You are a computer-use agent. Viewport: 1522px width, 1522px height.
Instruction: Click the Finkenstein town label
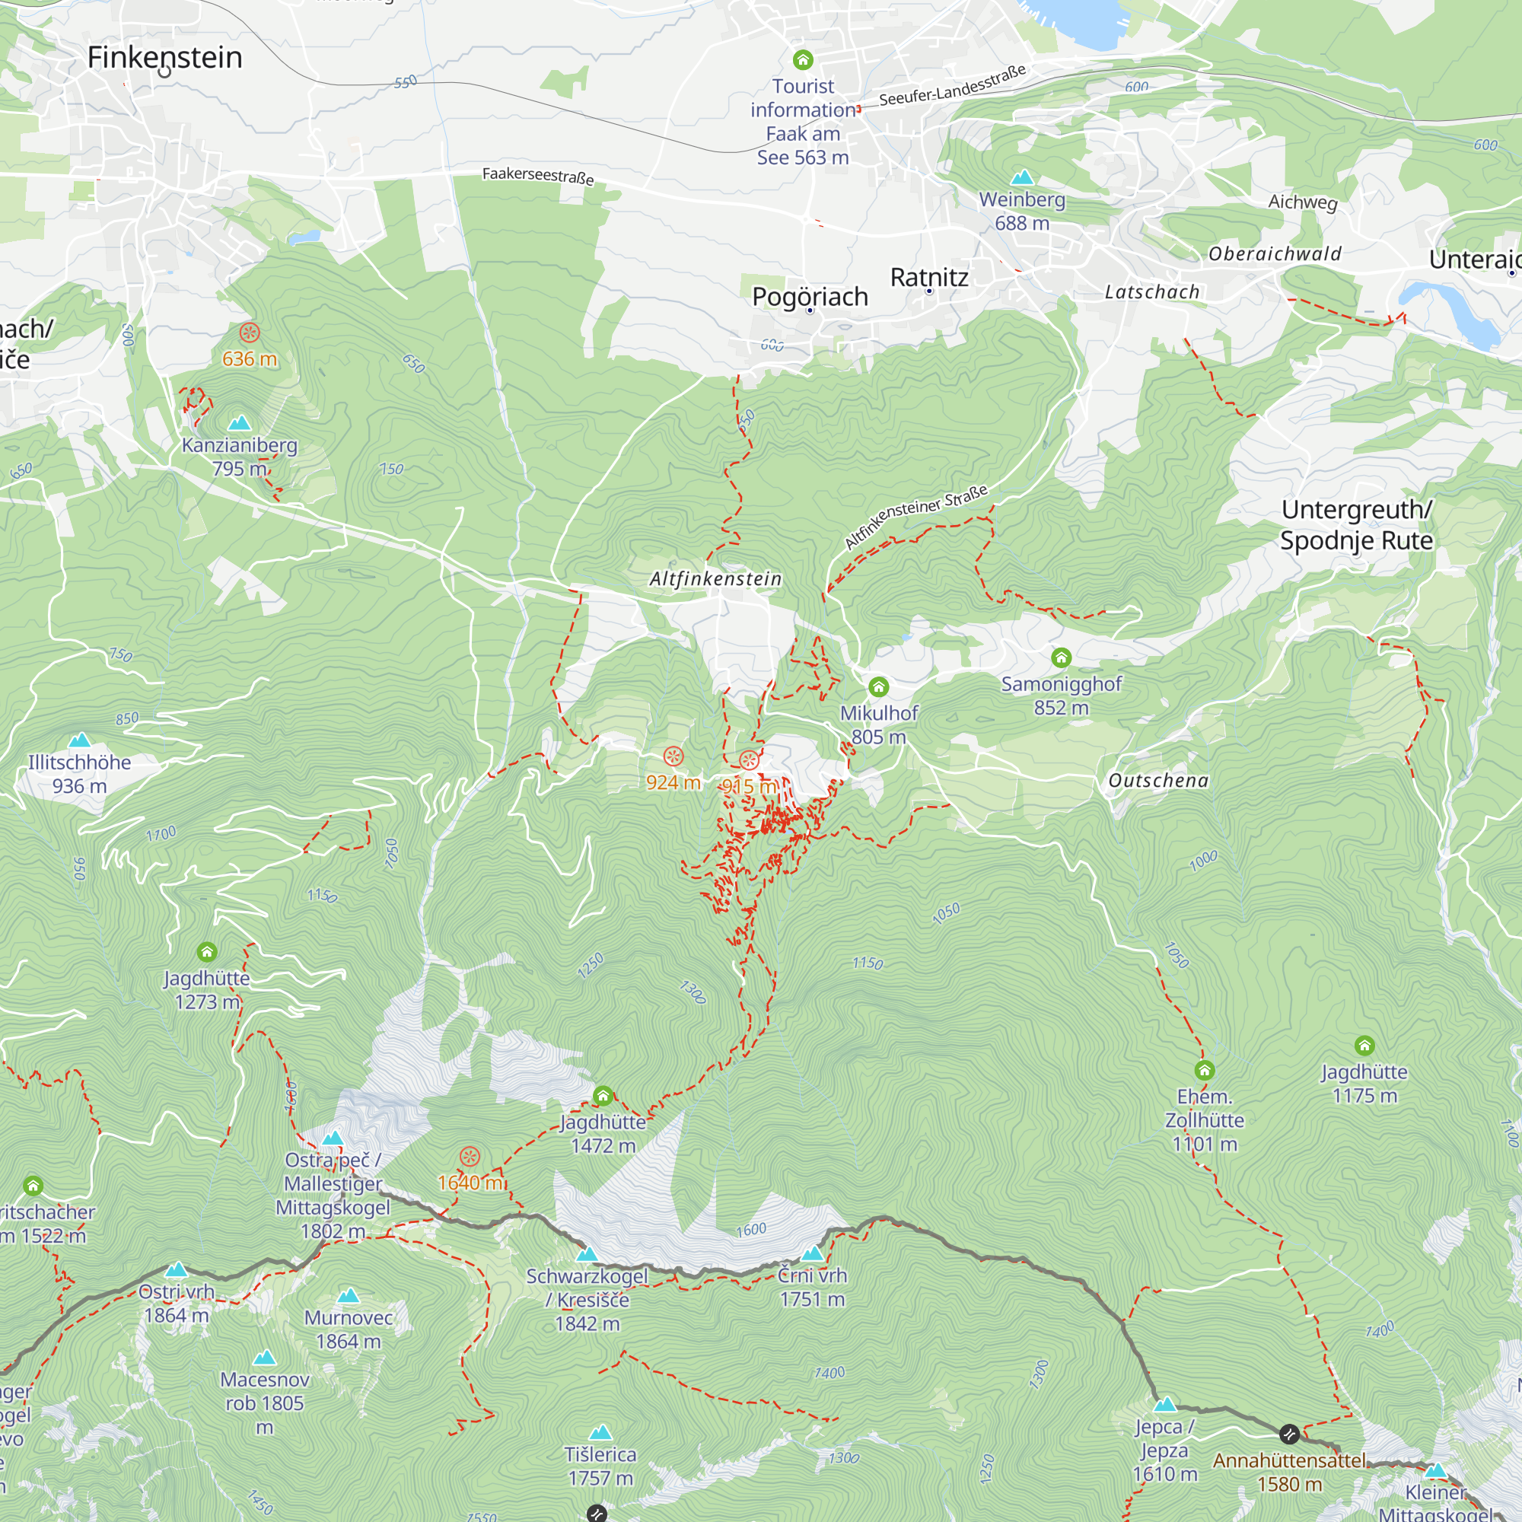(164, 58)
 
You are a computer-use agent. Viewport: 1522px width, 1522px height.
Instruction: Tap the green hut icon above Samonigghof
(1061, 657)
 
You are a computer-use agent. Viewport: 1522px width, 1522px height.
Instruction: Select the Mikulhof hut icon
(878, 687)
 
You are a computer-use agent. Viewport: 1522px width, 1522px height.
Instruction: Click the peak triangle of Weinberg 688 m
(1022, 177)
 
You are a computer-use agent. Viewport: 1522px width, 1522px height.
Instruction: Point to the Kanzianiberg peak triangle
(239, 424)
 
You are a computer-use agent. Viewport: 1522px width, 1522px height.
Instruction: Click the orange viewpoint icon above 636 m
(250, 333)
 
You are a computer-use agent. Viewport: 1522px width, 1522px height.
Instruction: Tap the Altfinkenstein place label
(715, 579)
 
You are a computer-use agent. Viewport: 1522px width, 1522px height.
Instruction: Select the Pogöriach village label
(810, 297)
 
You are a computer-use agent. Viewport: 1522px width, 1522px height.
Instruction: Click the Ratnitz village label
(928, 277)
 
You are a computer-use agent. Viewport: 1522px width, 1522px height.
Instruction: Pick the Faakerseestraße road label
(538, 175)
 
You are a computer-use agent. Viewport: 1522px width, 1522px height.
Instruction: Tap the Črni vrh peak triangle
(812, 1253)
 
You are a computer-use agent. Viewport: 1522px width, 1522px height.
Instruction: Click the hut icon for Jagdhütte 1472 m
(603, 1096)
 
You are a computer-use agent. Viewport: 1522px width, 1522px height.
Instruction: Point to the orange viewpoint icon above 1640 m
(470, 1157)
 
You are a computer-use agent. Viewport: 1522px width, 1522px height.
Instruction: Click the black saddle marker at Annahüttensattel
(1289, 1433)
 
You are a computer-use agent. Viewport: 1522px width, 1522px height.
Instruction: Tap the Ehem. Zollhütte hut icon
(1205, 1070)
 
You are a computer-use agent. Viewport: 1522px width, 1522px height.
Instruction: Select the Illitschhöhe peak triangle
(80, 740)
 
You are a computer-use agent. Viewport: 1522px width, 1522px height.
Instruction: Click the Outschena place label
(1158, 781)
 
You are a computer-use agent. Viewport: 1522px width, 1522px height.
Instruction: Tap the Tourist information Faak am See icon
(803, 60)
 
